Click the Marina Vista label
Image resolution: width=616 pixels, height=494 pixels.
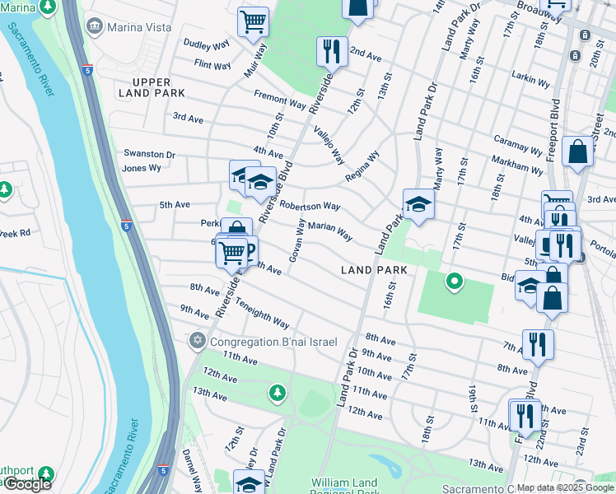coord(128,26)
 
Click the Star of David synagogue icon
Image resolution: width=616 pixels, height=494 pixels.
coord(198,340)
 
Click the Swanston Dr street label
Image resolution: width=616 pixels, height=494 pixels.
coord(149,154)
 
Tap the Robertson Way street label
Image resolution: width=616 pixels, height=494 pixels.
coord(310,205)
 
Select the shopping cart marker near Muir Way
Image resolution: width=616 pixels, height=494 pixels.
coord(254,22)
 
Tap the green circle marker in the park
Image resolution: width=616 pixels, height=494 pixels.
coord(454,282)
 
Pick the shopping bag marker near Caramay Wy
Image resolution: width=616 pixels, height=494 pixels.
coord(579,153)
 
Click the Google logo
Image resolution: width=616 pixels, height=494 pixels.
coord(27,484)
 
